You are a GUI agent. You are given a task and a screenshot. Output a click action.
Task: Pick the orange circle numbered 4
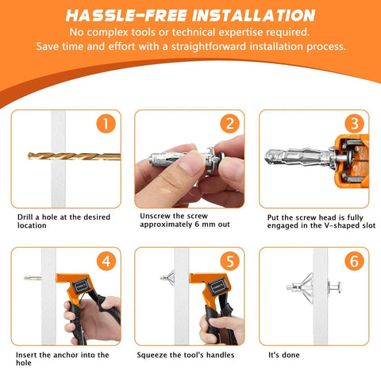coord(105,261)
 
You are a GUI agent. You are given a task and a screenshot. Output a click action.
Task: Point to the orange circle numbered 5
coord(229,261)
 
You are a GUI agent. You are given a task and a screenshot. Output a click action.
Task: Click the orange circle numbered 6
coord(352,261)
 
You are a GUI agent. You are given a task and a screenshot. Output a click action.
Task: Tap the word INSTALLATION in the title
coord(248,14)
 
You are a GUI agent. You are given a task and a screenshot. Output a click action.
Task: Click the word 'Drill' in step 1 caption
coord(28,216)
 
